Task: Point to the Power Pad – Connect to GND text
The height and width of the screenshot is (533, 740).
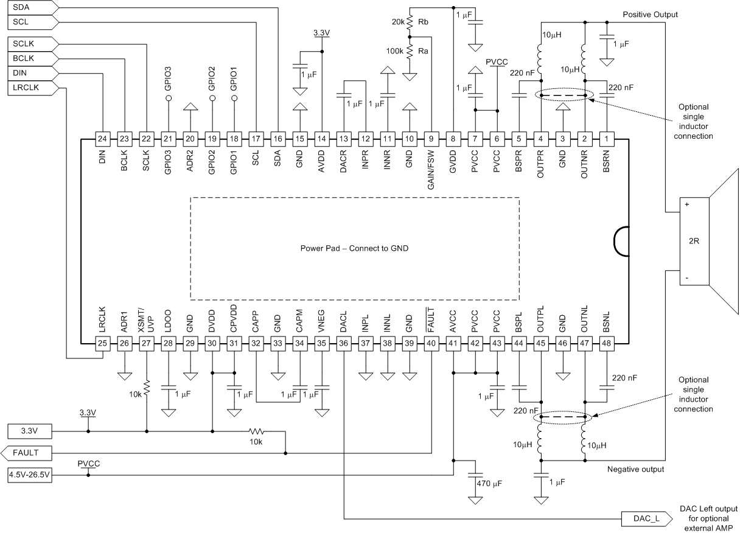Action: click(x=354, y=248)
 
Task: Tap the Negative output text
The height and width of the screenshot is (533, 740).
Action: click(x=635, y=470)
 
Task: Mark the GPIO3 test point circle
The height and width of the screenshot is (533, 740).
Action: click(x=168, y=98)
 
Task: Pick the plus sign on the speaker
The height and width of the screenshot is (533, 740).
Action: click(x=686, y=205)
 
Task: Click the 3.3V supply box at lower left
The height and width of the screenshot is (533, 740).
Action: click(x=29, y=431)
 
